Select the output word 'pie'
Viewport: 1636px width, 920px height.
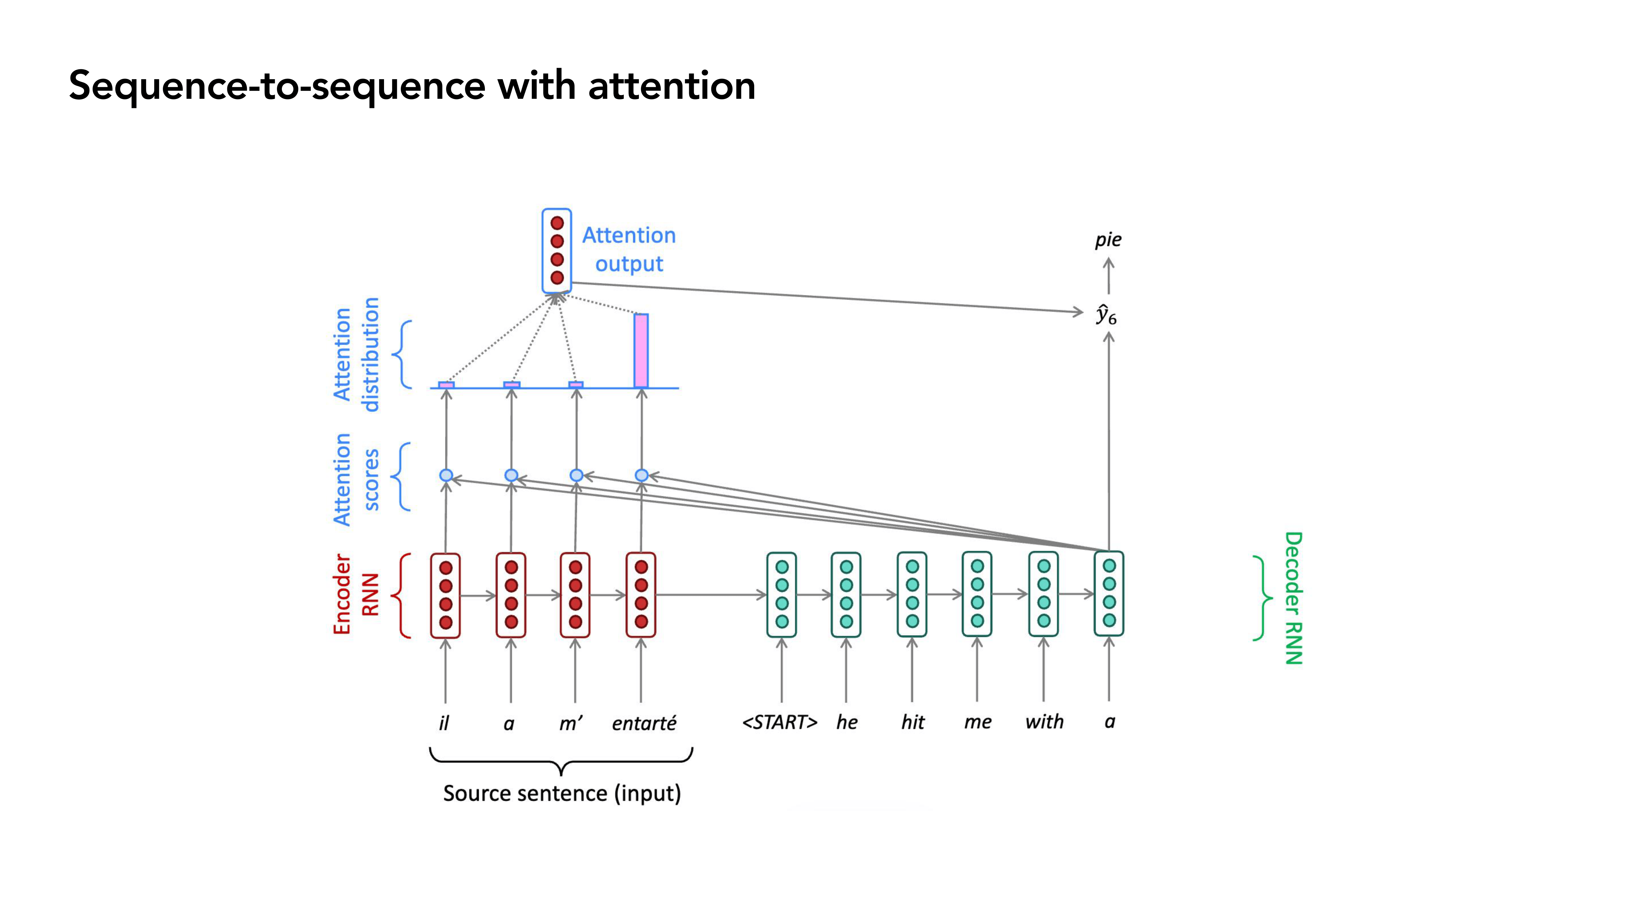pyautogui.click(x=1108, y=240)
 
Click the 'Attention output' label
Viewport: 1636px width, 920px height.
pyautogui.click(x=629, y=250)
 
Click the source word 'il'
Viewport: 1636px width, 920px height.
pyautogui.click(x=444, y=723)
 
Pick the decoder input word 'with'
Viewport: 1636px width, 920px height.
pyautogui.click(x=1044, y=722)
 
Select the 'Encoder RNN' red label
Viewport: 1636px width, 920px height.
pyautogui.click(x=356, y=594)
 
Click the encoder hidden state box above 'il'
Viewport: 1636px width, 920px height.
pyautogui.click(x=445, y=595)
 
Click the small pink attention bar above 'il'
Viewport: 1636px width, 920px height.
pyautogui.click(x=447, y=385)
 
